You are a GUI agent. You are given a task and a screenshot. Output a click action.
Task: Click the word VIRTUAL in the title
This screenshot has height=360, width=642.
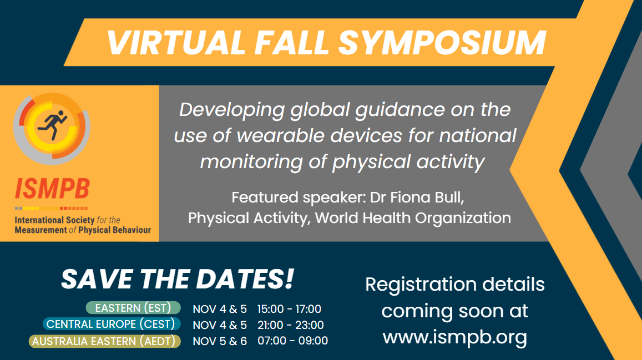[176, 43]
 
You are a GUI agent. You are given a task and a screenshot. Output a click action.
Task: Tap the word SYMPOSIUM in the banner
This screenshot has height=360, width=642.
[442, 43]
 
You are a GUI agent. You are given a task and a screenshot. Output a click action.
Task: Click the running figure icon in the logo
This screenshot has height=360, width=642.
[52, 125]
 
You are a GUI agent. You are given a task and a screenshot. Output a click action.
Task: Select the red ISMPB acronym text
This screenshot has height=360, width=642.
[52, 189]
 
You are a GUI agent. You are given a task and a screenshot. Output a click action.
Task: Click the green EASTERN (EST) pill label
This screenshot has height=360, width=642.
[133, 308]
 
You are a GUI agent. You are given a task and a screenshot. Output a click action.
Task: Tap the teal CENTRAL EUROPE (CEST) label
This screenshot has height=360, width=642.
[112, 324]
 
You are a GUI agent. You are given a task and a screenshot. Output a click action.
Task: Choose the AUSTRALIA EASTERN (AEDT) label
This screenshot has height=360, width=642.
[104, 341]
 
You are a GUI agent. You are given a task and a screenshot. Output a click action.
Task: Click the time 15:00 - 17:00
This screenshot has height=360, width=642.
[289, 309]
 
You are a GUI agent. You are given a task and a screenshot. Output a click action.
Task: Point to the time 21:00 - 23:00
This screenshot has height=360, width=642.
[290, 325]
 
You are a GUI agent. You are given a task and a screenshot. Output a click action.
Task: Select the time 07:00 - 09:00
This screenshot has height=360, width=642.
[292, 341]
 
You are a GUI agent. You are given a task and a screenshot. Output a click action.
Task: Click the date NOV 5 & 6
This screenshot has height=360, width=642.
[220, 341]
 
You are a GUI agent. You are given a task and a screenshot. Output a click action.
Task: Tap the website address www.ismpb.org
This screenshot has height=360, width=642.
[455, 337]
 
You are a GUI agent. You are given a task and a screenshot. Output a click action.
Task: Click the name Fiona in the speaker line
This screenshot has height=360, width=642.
[407, 197]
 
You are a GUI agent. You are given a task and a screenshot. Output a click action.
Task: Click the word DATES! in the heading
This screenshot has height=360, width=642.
[245, 279]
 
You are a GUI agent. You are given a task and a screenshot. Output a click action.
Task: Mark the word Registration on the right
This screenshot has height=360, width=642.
[421, 285]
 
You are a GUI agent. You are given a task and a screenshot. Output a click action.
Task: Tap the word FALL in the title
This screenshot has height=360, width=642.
[291, 43]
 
